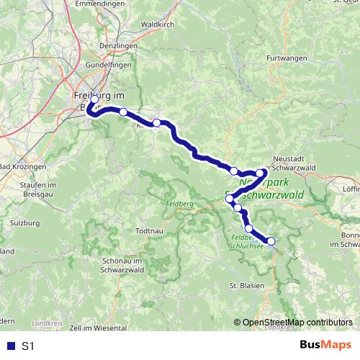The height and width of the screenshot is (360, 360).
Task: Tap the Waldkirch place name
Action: [x=158, y=24]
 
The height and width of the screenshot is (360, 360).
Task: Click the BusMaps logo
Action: [x=327, y=346]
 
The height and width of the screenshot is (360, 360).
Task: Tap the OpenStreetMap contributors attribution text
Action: [x=296, y=323]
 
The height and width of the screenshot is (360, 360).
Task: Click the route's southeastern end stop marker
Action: [x=271, y=241]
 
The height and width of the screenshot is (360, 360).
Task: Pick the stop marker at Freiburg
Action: [x=94, y=101]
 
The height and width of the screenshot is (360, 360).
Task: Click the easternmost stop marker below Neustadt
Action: [x=261, y=174]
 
